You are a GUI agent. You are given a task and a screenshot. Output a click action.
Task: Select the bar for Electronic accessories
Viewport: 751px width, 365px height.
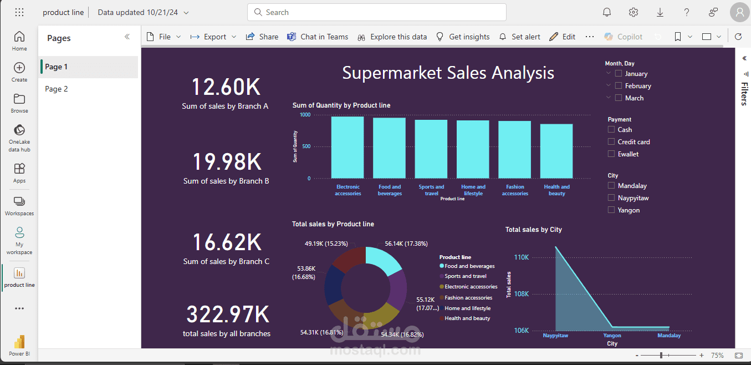348,147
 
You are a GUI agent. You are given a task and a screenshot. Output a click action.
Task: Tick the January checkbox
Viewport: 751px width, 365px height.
619,74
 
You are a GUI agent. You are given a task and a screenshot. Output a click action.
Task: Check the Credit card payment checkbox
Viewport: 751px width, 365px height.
611,142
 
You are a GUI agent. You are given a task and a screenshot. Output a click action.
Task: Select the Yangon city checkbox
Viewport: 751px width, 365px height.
611,210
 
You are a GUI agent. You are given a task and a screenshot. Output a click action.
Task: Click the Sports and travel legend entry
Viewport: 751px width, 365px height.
465,276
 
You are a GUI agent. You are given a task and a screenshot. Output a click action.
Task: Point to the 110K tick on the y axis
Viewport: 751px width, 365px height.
522,257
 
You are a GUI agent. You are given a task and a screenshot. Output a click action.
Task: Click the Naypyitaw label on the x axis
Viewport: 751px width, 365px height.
555,336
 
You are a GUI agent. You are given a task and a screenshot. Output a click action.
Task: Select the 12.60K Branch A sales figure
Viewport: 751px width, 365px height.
226,88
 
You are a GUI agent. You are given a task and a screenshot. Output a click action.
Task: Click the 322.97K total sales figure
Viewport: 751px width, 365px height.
227,315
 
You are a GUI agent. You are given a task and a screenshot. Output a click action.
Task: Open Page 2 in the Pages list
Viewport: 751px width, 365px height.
57,89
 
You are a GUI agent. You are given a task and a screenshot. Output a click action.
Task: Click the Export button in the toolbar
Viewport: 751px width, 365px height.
213,37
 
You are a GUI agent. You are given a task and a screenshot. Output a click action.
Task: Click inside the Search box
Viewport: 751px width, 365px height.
377,12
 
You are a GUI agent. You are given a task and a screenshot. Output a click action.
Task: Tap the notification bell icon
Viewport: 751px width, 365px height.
607,12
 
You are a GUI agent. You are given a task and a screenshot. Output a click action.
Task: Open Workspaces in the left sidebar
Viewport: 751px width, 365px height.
19,205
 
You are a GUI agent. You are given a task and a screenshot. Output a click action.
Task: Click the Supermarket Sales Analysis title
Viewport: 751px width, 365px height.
448,73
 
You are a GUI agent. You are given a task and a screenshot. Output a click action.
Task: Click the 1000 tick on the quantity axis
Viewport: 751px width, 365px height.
305,115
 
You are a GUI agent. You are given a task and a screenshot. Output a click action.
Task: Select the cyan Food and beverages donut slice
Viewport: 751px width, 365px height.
384,260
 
